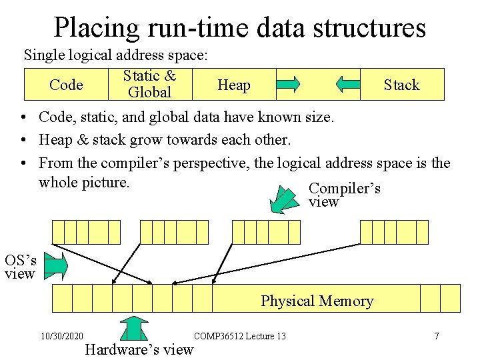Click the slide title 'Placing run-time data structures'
(239, 27)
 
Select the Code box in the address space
(66, 85)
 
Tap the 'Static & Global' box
(149, 84)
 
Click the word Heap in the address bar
(234, 85)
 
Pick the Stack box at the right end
(401, 85)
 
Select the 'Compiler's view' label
(344, 195)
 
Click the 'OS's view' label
(20, 266)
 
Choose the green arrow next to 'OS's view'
(56, 265)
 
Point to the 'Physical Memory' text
(317, 301)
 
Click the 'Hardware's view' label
(139, 349)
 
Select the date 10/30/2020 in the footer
(61, 336)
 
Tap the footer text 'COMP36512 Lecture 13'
(239, 336)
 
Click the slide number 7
(437, 336)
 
